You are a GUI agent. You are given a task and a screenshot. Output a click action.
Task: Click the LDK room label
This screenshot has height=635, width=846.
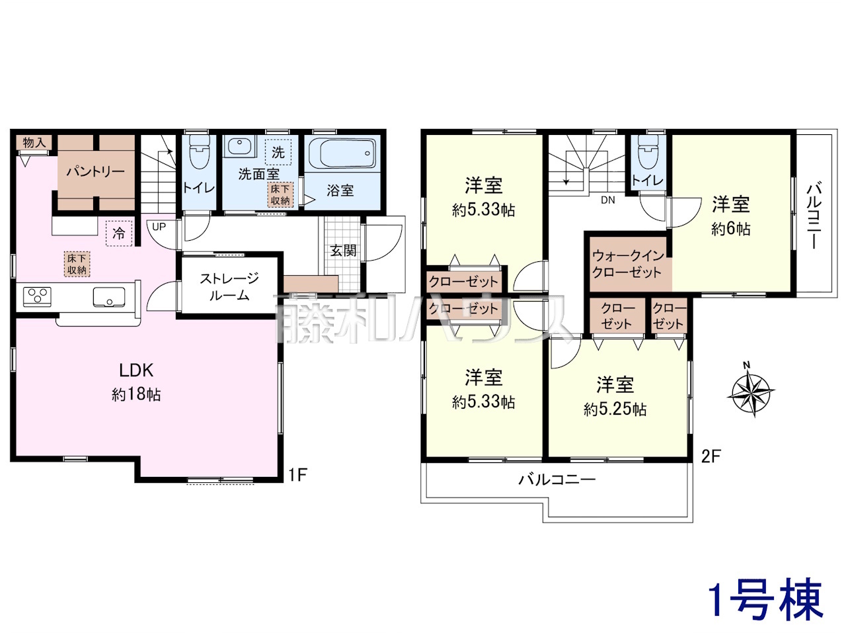point(136,370)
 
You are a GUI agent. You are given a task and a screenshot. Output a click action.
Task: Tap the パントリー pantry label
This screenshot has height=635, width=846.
point(96,171)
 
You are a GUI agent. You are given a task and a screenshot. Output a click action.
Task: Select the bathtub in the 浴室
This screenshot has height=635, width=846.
point(348,154)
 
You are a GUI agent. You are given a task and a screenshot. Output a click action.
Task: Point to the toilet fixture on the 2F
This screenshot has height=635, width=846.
point(648,152)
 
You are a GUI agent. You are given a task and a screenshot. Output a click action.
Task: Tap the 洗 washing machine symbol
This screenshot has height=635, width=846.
point(278,152)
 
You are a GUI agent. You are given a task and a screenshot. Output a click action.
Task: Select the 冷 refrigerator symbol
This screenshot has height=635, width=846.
point(119,232)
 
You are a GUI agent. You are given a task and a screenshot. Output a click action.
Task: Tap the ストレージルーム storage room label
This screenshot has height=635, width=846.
point(229,286)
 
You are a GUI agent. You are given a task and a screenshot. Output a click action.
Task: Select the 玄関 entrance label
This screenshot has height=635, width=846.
point(343,251)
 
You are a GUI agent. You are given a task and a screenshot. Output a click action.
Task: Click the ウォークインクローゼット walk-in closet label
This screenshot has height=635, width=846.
point(628,264)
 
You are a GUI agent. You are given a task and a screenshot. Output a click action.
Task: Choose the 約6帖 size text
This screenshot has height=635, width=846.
point(731,229)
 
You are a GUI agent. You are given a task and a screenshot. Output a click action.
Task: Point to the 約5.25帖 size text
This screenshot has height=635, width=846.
point(615,409)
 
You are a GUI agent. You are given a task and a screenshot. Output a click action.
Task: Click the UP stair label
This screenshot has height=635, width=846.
point(159,227)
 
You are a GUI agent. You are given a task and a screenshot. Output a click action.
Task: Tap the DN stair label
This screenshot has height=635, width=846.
point(608,200)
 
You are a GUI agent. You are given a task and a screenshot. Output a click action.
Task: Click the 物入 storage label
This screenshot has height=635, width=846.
point(34,143)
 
